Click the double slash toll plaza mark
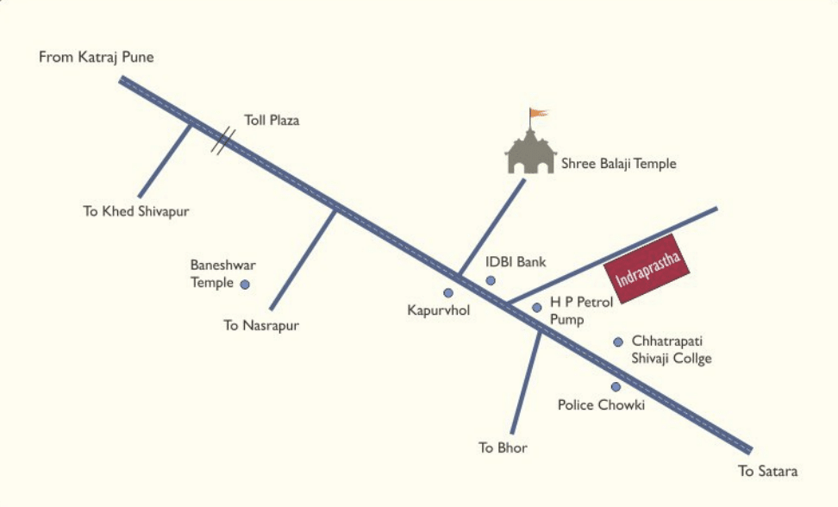(223, 141)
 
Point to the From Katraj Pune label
(96, 57)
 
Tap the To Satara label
(768, 471)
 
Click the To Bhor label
(503, 448)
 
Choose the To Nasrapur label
(260, 325)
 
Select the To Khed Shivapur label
(136, 210)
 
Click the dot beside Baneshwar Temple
(245, 284)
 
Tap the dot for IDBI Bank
(491, 280)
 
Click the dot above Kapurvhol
(448, 292)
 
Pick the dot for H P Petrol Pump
(536, 307)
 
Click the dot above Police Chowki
(616, 386)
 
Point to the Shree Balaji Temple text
(619, 163)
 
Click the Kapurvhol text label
(439, 310)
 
